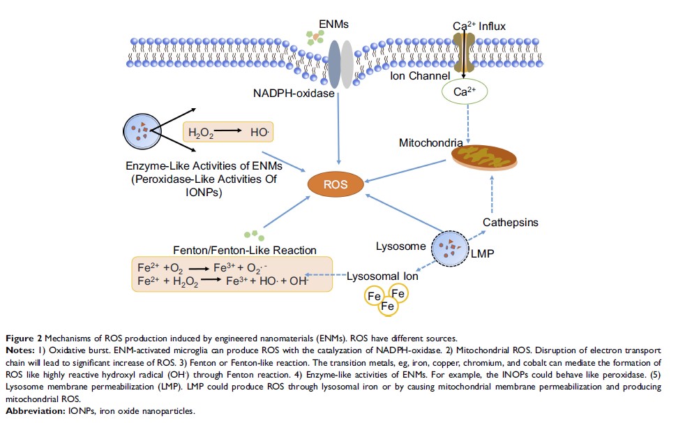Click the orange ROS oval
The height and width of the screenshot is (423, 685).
click(337, 185)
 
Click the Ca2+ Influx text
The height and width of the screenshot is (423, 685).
click(479, 27)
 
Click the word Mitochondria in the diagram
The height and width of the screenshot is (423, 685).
click(430, 143)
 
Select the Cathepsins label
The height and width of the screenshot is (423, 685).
click(511, 223)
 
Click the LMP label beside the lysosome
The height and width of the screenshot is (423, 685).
click(482, 253)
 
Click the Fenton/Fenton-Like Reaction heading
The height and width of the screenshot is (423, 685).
click(244, 250)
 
